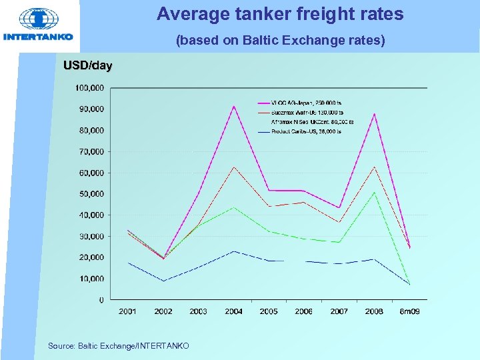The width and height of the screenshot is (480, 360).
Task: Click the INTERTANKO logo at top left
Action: pos(38,25)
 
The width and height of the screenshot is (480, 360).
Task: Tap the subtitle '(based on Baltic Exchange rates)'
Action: pos(280,41)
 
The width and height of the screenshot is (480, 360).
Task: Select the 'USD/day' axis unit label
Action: pos(87,65)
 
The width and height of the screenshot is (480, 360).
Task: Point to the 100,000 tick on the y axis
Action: pos(89,87)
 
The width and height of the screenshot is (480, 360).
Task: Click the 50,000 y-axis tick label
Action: pos(91,193)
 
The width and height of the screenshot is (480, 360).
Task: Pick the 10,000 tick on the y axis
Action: pos(91,278)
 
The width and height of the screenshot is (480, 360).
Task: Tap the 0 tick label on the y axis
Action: pos(101,299)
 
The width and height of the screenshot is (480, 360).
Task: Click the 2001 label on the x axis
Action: pos(128,311)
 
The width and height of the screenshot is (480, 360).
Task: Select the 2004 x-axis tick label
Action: pos(233,311)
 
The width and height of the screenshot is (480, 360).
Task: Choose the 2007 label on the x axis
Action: pos(339,311)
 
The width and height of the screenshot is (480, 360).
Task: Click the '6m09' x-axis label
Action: pos(409,311)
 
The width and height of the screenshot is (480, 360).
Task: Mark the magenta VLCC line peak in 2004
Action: pos(233,106)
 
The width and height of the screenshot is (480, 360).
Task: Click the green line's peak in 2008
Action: pos(374,193)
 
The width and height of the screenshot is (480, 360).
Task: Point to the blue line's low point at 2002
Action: pos(163,281)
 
